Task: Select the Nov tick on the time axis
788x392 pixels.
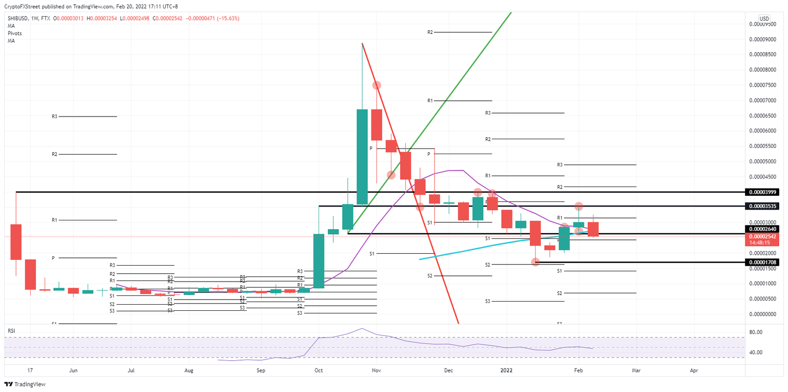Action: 376,370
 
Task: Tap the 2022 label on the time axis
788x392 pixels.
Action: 506,370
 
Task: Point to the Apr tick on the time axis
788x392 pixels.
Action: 694,370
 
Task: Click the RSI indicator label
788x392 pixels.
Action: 11,331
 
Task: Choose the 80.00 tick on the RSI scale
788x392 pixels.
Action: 756,332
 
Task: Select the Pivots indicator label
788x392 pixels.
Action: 14,33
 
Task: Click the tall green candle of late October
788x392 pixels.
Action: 362,157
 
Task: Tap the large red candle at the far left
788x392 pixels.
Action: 16,241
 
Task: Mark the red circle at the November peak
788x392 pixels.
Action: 377,85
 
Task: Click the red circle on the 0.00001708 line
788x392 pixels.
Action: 536,262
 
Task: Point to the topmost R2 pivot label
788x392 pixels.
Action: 430,32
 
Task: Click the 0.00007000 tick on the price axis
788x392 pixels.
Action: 761,100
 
